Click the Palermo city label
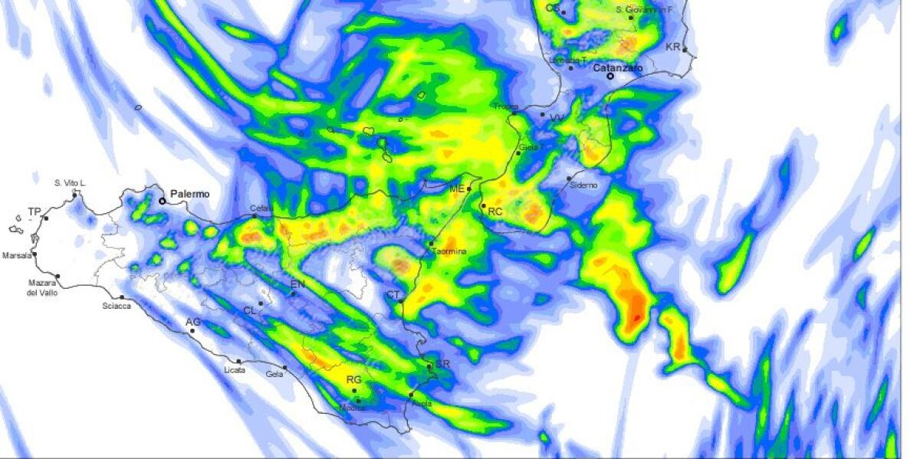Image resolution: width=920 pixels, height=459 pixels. (x=189, y=195)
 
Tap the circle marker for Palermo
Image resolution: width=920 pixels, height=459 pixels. (x=163, y=202)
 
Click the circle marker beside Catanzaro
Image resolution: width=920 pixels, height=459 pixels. (x=610, y=77)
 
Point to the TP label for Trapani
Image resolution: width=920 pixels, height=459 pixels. (x=34, y=211)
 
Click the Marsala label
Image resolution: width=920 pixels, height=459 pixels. (x=17, y=256)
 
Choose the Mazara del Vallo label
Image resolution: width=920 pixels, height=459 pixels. (x=43, y=288)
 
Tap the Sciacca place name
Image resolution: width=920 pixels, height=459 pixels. (x=117, y=306)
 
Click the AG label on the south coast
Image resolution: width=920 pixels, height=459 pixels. (x=192, y=322)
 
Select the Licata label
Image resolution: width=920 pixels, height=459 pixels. (x=235, y=370)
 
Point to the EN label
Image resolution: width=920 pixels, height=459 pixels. (x=297, y=285)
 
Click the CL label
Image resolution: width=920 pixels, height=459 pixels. (x=249, y=310)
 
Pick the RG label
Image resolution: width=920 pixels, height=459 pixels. (x=353, y=380)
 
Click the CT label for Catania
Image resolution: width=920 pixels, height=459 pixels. (x=393, y=295)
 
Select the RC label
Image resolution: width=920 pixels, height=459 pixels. (x=495, y=211)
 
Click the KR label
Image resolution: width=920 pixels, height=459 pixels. (x=672, y=48)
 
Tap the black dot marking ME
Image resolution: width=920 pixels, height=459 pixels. (x=469, y=189)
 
